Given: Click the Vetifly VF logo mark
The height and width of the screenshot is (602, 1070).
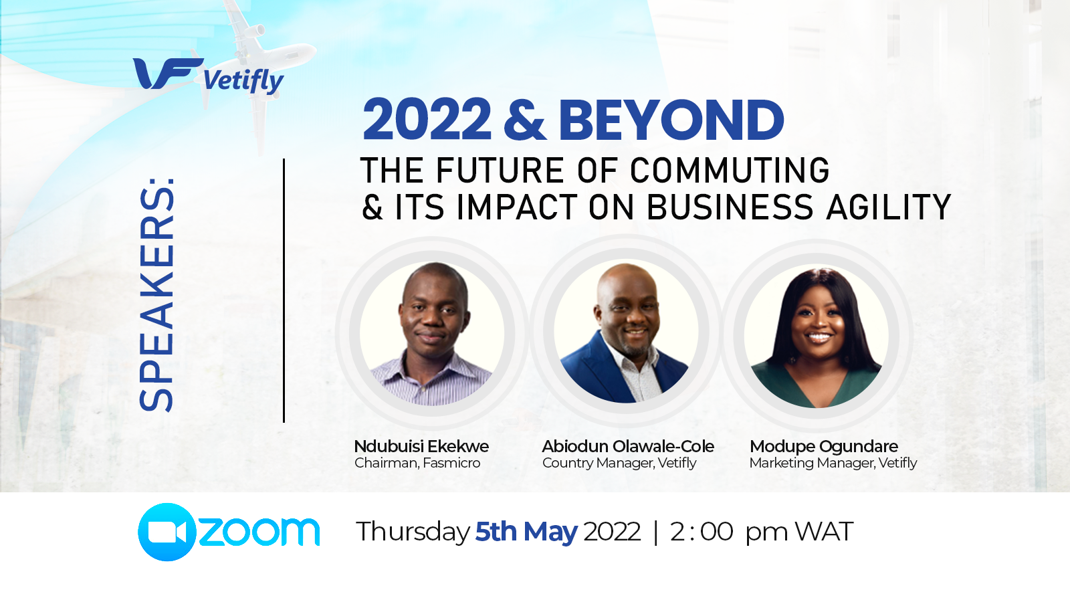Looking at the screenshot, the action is point(168,74).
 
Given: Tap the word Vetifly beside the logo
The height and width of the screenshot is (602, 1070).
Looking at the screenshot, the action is point(243,81).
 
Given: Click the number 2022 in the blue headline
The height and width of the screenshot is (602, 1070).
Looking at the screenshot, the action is point(427,120).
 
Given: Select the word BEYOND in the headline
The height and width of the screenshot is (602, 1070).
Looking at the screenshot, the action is point(671,120).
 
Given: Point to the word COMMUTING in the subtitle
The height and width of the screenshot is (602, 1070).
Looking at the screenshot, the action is point(730,170).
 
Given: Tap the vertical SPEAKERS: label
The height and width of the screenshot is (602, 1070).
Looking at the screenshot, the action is point(156,294).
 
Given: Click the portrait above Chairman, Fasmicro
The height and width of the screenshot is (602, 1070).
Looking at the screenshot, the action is point(432,334).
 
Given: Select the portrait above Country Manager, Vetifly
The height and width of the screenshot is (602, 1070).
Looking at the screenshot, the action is point(626,332).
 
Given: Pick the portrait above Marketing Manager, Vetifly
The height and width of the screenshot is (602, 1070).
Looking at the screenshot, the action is point(817,336).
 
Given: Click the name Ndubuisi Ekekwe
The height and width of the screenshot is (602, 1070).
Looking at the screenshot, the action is point(421,446).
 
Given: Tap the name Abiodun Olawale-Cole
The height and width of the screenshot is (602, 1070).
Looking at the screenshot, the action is point(628,446).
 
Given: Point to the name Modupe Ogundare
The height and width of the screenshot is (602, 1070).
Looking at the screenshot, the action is point(824,447).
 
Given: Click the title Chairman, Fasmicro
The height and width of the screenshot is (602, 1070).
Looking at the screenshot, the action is point(417,463).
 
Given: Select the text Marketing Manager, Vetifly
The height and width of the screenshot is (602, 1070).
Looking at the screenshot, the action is point(833,463).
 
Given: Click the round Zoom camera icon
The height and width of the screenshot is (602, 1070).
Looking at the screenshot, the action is point(167,532).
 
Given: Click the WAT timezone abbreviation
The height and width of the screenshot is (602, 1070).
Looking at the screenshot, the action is point(823,531).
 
